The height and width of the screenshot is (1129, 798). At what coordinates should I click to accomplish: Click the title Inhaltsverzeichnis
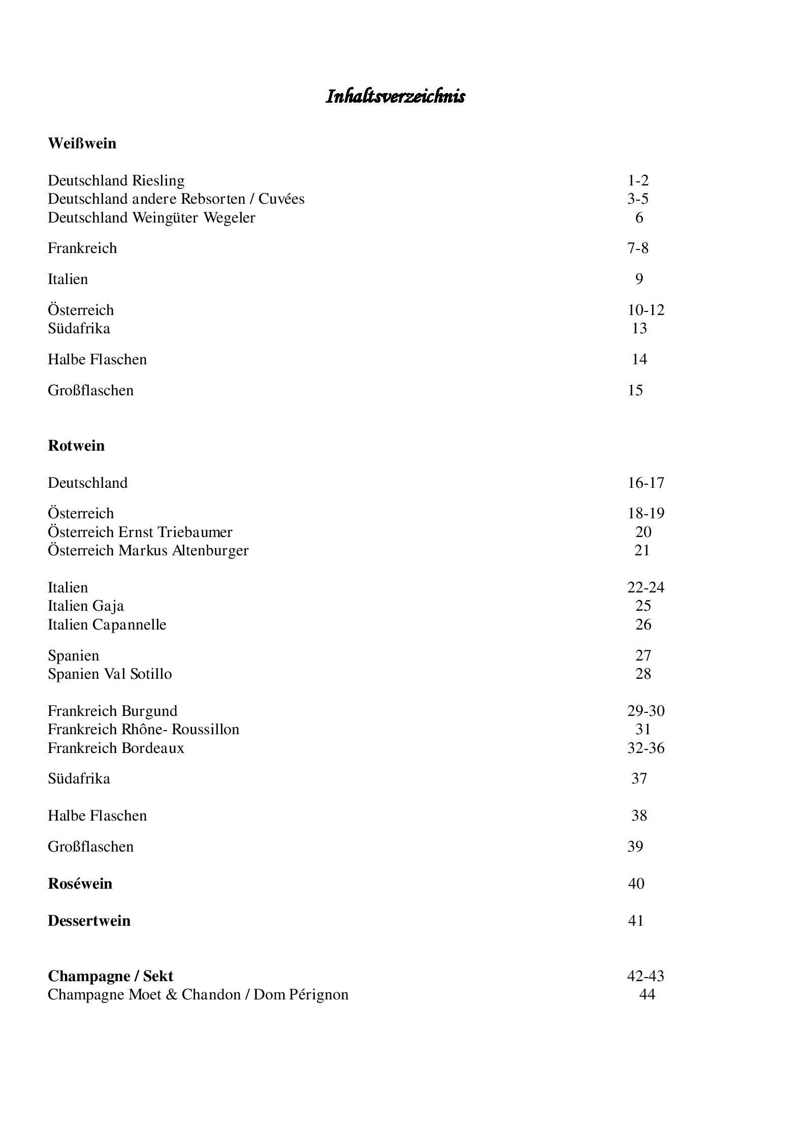(x=395, y=96)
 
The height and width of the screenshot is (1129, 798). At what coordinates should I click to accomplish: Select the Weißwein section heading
(x=82, y=143)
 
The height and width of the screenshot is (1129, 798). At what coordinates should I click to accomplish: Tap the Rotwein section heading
(x=76, y=446)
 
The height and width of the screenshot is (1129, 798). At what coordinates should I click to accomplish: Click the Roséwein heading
(x=80, y=884)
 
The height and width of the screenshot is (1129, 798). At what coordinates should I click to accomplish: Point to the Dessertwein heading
(x=89, y=921)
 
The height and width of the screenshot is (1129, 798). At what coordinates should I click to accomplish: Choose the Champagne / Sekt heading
(x=110, y=976)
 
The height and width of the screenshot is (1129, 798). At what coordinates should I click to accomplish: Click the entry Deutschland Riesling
(x=116, y=180)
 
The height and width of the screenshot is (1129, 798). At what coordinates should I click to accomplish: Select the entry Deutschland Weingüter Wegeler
(x=151, y=217)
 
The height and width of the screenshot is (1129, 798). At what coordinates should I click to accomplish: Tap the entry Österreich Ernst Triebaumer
(x=140, y=532)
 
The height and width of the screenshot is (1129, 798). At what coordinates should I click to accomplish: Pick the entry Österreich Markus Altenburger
(x=148, y=550)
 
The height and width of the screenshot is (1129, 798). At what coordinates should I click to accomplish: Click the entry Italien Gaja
(x=85, y=606)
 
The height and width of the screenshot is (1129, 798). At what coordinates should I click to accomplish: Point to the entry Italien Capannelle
(x=107, y=624)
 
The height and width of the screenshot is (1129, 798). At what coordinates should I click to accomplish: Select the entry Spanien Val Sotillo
(x=110, y=674)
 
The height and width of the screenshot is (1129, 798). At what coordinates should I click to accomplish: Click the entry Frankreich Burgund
(x=112, y=711)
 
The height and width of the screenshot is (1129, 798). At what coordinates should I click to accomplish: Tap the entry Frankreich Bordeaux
(x=116, y=748)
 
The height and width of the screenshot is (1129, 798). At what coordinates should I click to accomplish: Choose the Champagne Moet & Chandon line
(x=198, y=994)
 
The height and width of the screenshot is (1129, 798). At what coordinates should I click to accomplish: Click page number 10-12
(x=646, y=310)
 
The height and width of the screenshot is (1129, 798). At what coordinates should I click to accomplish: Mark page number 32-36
(x=646, y=748)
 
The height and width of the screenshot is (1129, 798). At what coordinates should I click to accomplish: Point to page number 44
(x=647, y=994)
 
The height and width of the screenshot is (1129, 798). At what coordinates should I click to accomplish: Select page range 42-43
(x=646, y=976)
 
